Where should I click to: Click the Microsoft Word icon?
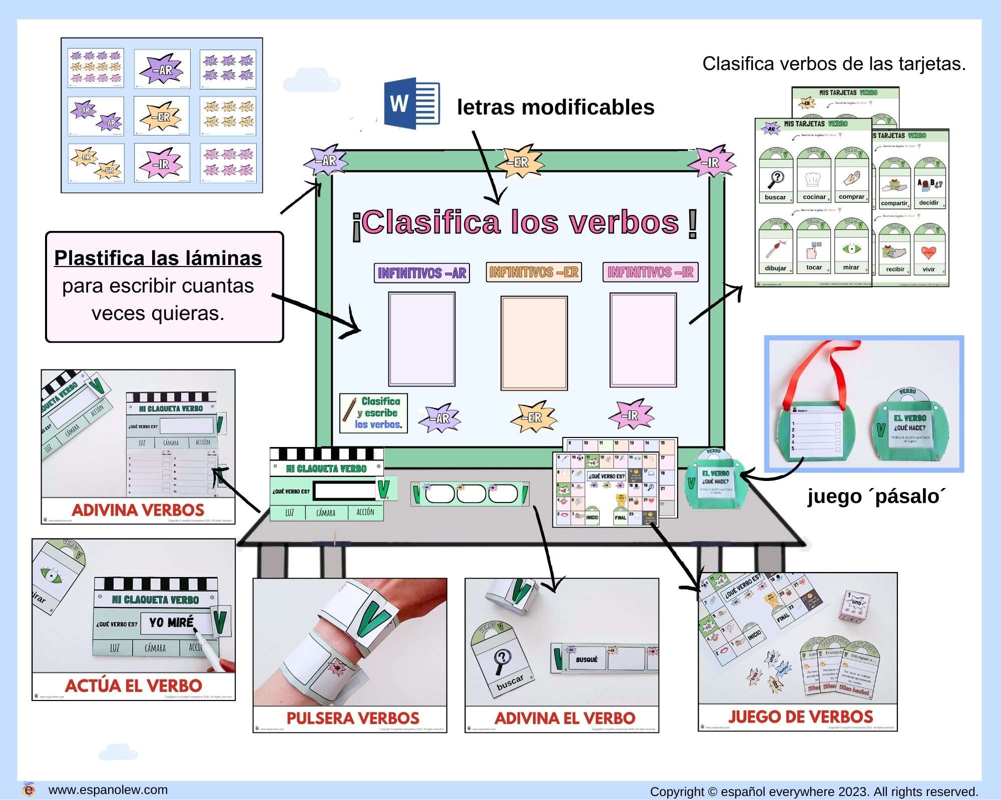411,103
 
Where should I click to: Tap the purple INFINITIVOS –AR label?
421,273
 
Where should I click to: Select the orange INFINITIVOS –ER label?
534,272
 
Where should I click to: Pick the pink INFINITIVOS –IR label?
650,272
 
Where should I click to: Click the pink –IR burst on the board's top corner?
711,162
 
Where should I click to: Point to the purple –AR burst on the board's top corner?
327,160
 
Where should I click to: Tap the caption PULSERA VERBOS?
353,718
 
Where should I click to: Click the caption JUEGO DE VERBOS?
800,717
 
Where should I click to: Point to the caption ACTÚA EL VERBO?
134,685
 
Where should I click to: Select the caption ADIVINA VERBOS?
138,510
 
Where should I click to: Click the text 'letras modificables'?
555,107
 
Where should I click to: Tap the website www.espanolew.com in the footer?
108,790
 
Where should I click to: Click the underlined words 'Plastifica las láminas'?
158,258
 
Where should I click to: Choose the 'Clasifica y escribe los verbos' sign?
373,413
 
